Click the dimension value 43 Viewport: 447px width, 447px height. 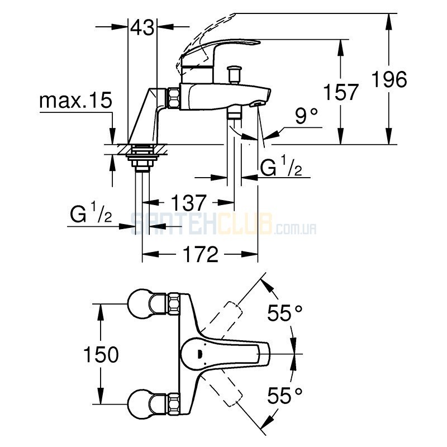click(142, 27)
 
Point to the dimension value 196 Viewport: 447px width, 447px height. click(389, 79)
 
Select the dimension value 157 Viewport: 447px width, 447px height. click(341, 92)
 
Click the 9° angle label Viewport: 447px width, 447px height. click(306, 116)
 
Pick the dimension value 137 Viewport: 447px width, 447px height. click(188, 202)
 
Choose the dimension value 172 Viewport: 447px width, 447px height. click(201, 254)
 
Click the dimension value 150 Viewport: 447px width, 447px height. click(101, 354)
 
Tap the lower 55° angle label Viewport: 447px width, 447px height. click(284, 396)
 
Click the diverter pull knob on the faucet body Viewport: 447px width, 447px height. click(234, 74)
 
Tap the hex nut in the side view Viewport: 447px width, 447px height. click(174, 98)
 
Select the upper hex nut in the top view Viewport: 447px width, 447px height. click(174, 304)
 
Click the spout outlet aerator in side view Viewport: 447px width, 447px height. click(256, 104)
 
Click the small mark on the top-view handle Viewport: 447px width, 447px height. click(200, 354)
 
